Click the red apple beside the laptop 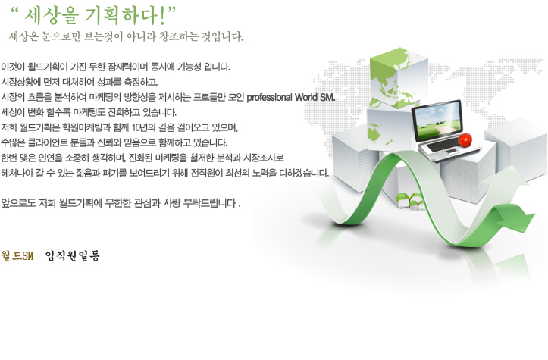click(x=465, y=139)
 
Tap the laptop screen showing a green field click(x=437, y=120)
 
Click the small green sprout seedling click(x=409, y=200)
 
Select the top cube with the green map click(x=399, y=78)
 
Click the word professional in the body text click(x=269, y=97)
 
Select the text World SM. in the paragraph click(x=315, y=97)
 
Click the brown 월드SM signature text click(x=17, y=256)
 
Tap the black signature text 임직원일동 click(x=72, y=256)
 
